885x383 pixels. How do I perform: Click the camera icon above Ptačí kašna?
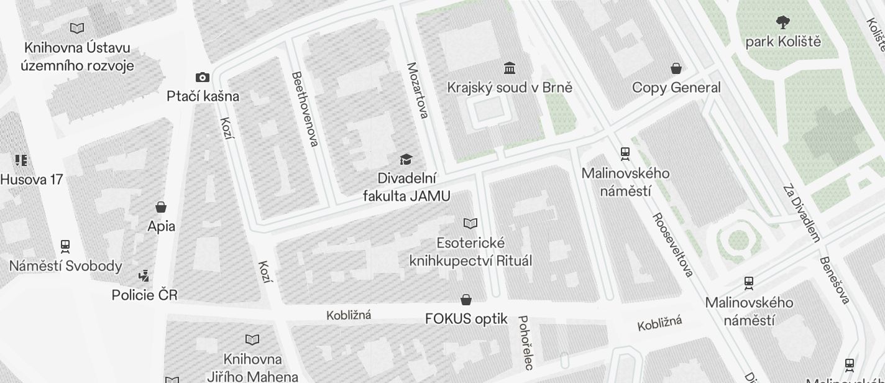(202, 78)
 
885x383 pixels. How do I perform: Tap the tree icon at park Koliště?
(783, 22)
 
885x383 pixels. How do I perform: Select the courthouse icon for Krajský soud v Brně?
(510, 68)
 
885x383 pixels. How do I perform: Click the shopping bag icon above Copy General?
(676, 68)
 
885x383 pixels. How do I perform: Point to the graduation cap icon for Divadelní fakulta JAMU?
(406, 160)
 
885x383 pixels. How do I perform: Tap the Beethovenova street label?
(305, 109)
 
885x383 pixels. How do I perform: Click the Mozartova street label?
(418, 90)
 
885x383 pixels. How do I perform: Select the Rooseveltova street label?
(672, 245)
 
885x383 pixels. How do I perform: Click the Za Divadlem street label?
(802, 212)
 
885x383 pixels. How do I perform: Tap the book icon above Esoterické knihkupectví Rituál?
(470, 223)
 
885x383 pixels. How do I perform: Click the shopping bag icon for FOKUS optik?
(466, 300)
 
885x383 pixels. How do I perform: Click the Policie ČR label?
(144, 295)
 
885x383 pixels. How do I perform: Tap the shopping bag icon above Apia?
(161, 207)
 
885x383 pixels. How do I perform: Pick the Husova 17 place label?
(32, 180)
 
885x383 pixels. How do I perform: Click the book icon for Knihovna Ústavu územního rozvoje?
(77, 28)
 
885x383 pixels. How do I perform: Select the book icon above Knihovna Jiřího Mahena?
(252, 339)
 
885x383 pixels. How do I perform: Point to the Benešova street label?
(834, 280)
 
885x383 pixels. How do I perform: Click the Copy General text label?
(676, 88)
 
